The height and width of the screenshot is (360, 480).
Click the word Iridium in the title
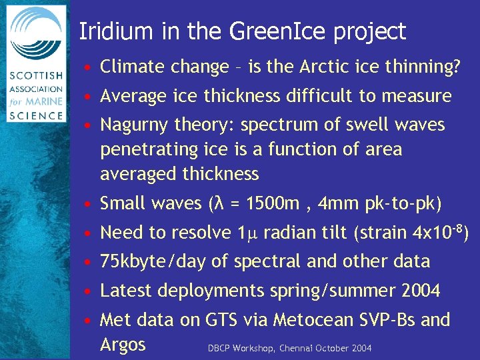111,31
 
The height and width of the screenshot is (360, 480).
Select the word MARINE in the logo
47,101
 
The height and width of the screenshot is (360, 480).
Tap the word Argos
123,345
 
